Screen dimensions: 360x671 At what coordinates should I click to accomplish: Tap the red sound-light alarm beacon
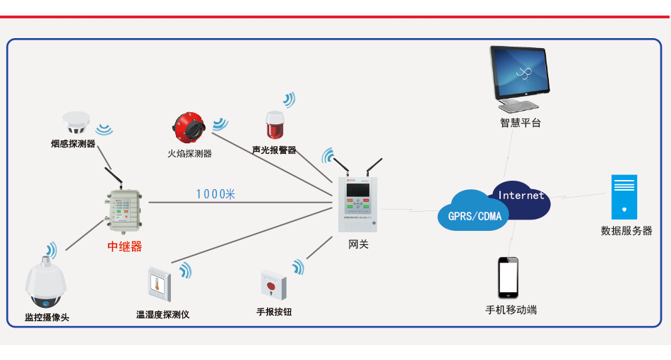pos(273,125)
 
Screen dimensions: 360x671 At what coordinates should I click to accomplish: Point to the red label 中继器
pos(124,246)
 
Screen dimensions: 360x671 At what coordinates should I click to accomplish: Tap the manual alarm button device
pos(273,285)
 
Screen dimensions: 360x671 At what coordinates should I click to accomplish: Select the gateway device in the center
pos(358,203)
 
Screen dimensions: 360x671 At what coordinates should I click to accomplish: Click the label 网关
pos(358,244)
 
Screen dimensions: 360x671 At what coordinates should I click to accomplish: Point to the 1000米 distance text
pos(215,194)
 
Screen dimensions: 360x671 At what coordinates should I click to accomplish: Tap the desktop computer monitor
pos(520,74)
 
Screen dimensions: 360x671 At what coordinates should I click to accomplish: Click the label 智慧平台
pos(521,123)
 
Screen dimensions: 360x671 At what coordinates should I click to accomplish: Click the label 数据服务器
pos(626,231)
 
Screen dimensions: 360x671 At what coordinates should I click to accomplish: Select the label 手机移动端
pos(511,310)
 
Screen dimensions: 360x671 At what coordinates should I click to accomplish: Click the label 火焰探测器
pos(189,153)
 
